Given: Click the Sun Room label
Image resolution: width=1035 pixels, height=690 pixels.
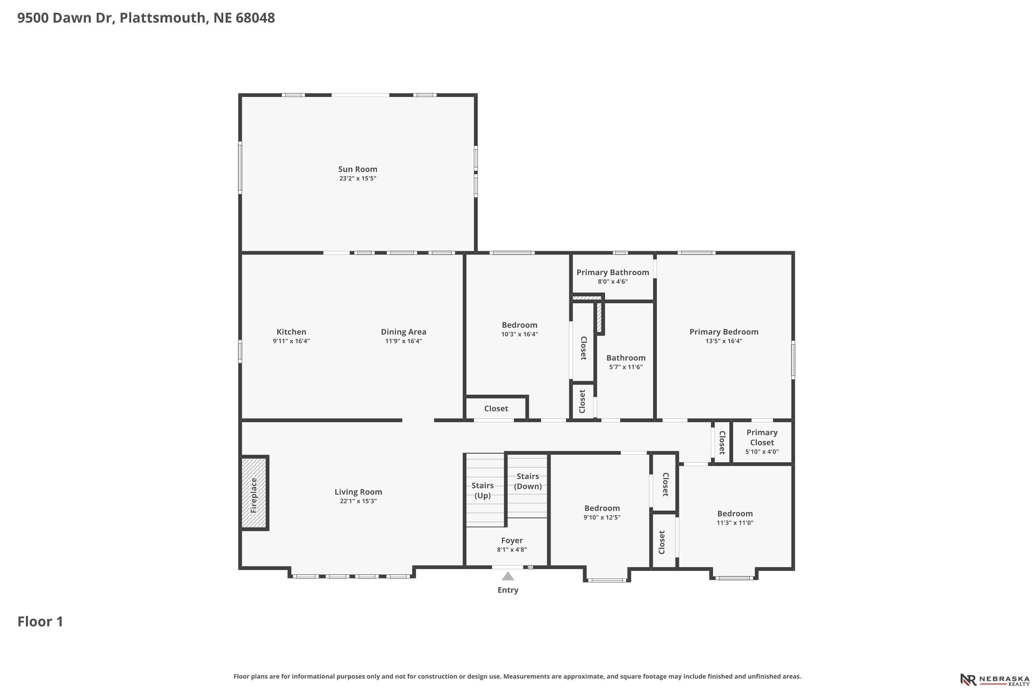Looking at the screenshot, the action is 357,169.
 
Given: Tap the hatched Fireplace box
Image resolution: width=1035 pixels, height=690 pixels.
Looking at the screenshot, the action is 254,493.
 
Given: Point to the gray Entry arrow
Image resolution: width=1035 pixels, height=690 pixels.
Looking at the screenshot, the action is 508,576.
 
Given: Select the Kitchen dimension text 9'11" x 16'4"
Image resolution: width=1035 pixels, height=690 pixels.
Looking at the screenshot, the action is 291,341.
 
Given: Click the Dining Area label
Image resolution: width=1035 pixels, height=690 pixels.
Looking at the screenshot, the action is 404,332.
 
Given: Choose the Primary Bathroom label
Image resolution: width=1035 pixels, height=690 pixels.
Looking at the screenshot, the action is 613,273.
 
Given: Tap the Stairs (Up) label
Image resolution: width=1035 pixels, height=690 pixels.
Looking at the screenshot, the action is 482,490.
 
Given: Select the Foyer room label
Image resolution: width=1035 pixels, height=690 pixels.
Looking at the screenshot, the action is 512,540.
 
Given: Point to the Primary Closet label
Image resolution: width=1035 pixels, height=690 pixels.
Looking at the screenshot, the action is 762,437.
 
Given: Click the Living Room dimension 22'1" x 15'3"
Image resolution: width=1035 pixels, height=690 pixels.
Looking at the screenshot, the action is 358,501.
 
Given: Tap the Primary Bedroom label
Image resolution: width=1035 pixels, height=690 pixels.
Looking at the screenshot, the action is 723,332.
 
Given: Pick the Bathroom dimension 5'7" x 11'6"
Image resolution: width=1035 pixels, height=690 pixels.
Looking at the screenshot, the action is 626,367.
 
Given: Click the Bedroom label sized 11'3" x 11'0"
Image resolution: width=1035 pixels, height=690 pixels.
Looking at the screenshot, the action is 735,514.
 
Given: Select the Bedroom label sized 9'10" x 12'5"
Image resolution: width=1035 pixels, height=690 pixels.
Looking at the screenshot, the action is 602,508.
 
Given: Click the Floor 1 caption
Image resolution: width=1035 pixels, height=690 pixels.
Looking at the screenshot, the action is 40,621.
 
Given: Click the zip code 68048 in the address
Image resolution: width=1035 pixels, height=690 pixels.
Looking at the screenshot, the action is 255,18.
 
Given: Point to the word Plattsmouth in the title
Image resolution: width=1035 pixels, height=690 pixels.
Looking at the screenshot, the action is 162,18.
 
